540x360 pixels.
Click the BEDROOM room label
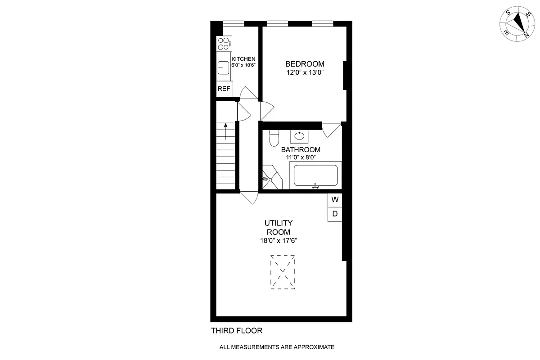pos(304,64)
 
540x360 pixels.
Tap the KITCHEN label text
pos(243,59)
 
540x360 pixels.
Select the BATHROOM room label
pos(301,150)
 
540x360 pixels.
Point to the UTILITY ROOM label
pos(279,227)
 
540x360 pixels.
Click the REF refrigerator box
pos(224,89)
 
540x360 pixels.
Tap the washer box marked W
pos(335,199)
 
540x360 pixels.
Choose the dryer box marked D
pos(335,214)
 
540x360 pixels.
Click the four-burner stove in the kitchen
pos(224,44)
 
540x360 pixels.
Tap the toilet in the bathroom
pos(274,139)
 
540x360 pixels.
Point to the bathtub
pos(315,175)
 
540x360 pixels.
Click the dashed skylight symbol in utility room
pos(283,272)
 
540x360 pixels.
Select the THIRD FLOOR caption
pos(237,331)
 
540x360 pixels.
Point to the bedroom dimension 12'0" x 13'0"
pos(304,73)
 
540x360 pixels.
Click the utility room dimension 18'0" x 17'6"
pos(279,241)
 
